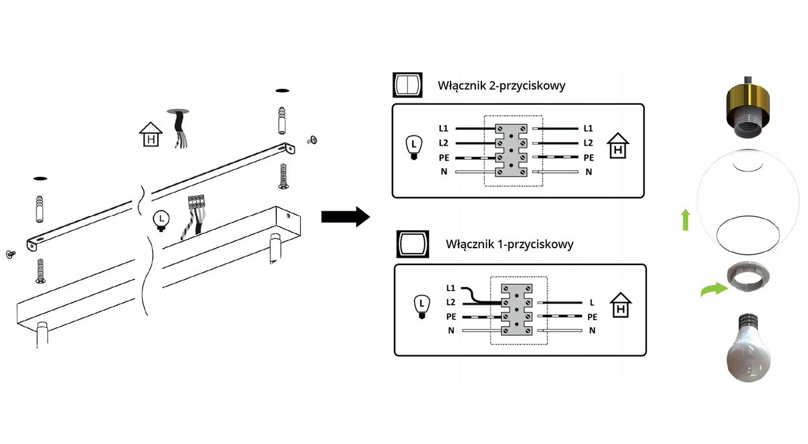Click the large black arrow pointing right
coord(345,217)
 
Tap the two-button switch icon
coord(407,85)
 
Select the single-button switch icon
coord(413,244)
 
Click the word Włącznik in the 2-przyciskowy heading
coord(462,85)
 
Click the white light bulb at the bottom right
coord(748,347)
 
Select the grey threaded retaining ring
coord(747,277)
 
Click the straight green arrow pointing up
coord(685,220)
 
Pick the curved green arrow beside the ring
coord(714,289)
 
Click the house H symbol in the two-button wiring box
coord(617,145)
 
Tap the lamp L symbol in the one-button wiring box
coord(422,306)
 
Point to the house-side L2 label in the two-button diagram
coord(588,143)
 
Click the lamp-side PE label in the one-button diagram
coord(451,316)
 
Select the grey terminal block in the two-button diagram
coord(511,150)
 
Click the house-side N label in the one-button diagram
coord(592,330)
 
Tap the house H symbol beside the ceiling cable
coord(151,135)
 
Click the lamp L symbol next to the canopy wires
coord(161,221)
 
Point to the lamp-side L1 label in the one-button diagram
coord(450,288)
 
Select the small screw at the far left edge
coord(11,254)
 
